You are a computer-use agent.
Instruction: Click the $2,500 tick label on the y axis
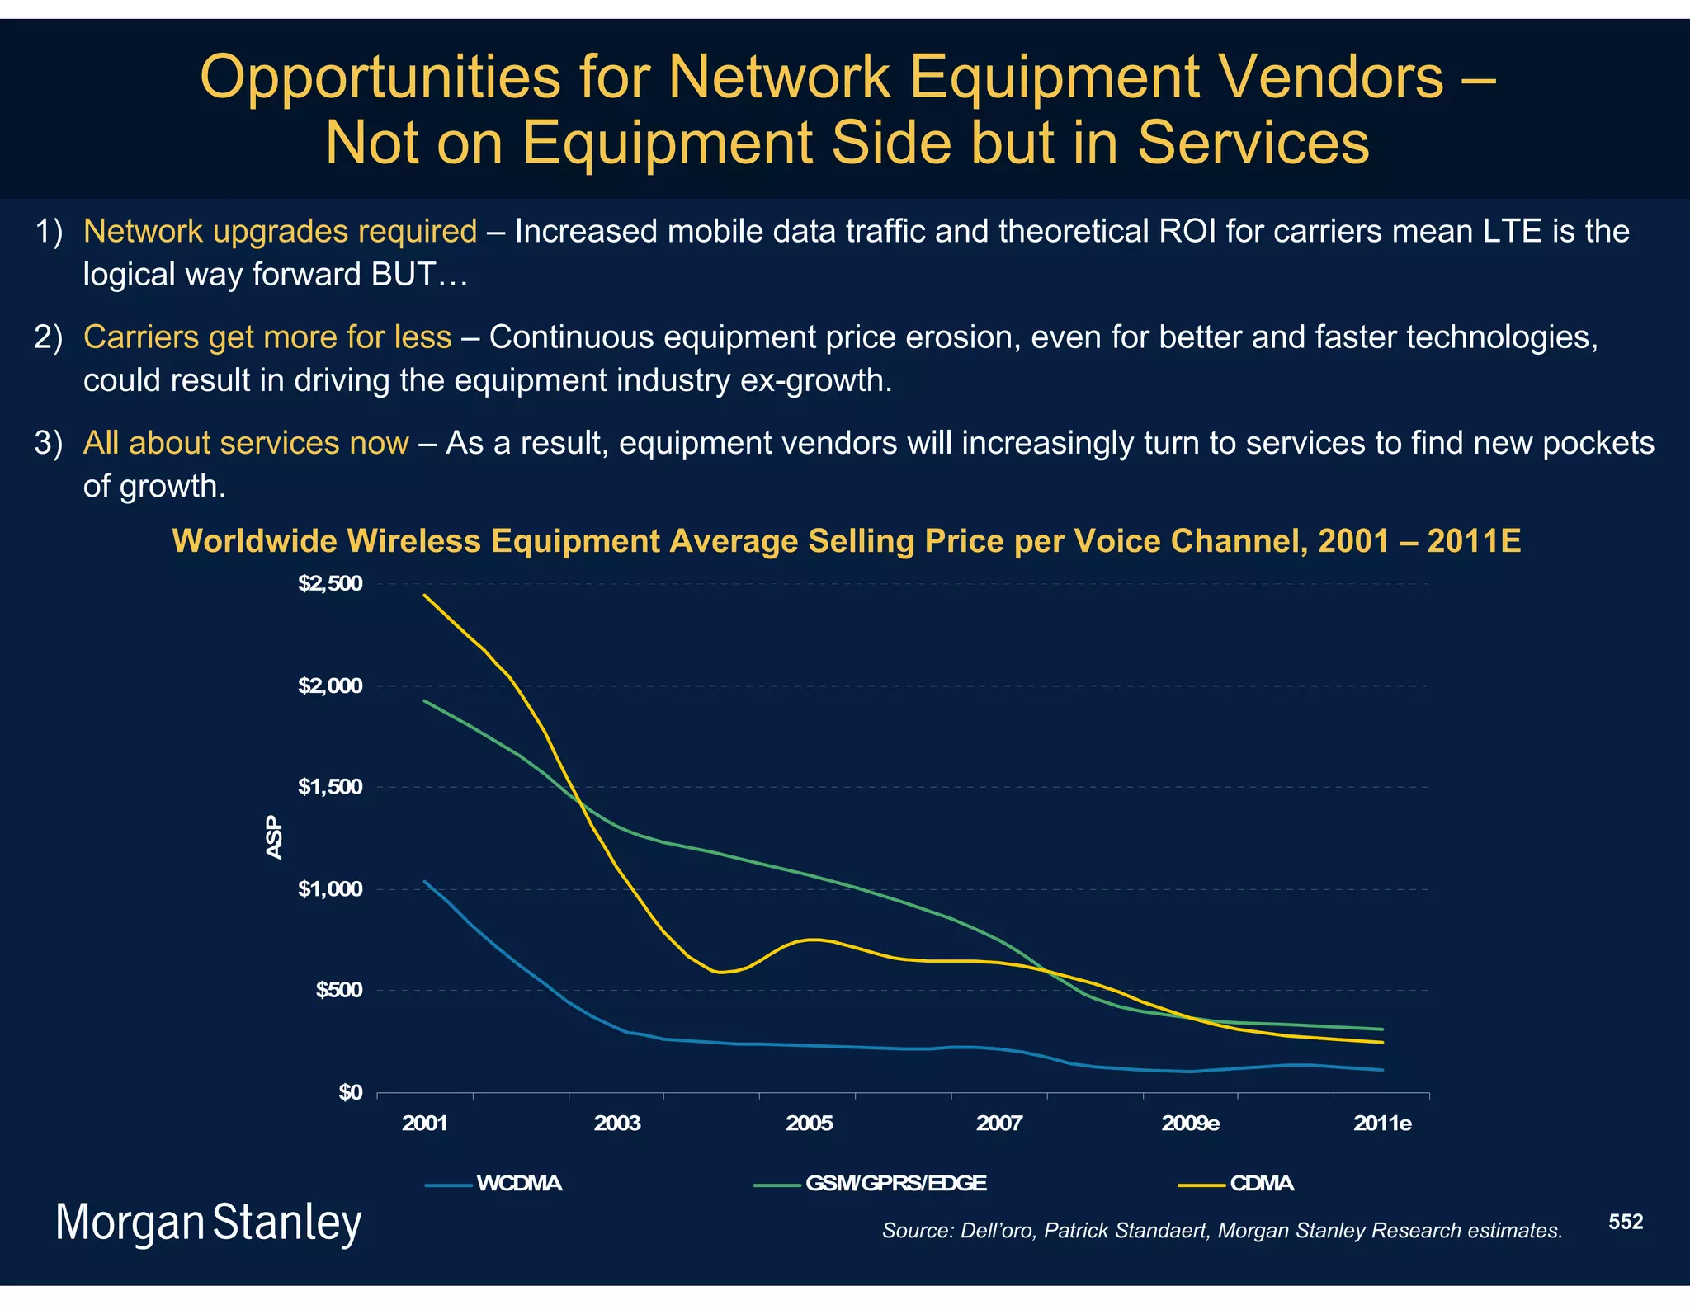click(330, 585)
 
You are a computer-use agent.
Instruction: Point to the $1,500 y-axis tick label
click(330, 787)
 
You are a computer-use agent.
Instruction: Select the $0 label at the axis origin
click(350, 1093)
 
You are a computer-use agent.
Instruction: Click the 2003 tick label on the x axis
click(616, 1124)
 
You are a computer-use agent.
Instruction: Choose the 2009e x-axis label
click(1190, 1124)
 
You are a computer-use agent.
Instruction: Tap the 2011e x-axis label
click(1382, 1124)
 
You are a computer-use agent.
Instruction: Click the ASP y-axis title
click(275, 837)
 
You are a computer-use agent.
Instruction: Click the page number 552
click(1626, 1222)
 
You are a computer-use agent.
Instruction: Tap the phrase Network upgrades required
click(280, 232)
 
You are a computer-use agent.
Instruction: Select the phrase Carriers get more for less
click(267, 337)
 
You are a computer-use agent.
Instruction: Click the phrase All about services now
click(246, 443)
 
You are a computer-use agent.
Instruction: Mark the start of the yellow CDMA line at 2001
click(424, 595)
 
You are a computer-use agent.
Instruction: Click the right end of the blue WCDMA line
click(1382, 1070)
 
